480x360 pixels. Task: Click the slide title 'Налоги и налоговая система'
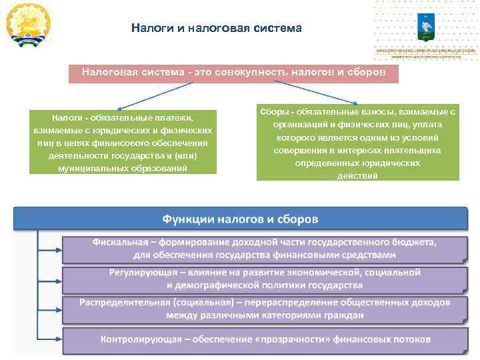(216, 29)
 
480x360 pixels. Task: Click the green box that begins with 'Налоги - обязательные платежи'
(123, 142)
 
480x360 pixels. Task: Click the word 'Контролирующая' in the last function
(141, 339)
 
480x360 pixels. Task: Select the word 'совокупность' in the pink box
(247, 71)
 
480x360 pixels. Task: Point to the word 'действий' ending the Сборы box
(357, 175)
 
